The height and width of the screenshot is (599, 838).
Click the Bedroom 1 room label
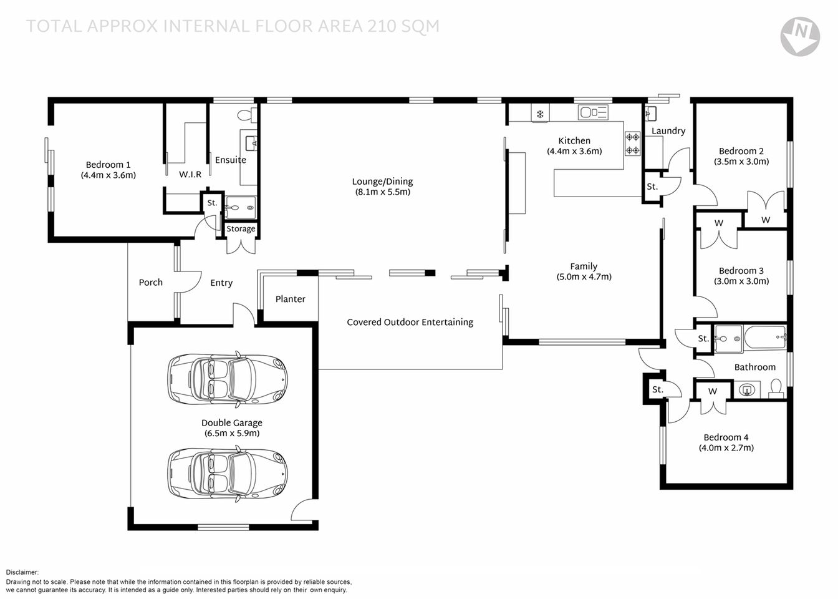[x=108, y=165]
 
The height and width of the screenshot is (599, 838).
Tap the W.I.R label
[x=190, y=175]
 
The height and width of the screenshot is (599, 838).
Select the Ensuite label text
[x=231, y=160]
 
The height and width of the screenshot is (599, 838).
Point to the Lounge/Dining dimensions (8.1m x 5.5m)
[x=382, y=192]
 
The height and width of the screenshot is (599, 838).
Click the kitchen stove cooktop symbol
[x=632, y=144]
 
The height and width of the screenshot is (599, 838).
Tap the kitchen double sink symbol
[x=593, y=112]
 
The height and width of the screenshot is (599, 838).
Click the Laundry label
[x=668, y=131]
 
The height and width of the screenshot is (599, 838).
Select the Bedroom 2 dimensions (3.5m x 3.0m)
[x=741, y=162]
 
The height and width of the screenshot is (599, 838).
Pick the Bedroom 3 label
[x=741, y=270]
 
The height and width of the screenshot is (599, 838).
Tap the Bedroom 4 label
[x=726, y=437]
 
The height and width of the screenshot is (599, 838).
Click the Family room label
[x=584, y=266]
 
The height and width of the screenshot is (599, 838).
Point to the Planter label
[x=290, y=299]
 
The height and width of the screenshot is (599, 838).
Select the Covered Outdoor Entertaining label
[x=410, y=323]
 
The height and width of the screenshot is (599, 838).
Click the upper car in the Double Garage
[x=228, y=379]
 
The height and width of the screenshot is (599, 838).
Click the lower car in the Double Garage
[x=228, y=473]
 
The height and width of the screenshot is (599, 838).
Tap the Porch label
[x=150, y=283]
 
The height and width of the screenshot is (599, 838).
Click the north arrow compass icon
[x=800, y=36]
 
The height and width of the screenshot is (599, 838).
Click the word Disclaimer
[x=22, y=572]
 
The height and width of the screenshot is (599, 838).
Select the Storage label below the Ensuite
[x=241, y=229]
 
